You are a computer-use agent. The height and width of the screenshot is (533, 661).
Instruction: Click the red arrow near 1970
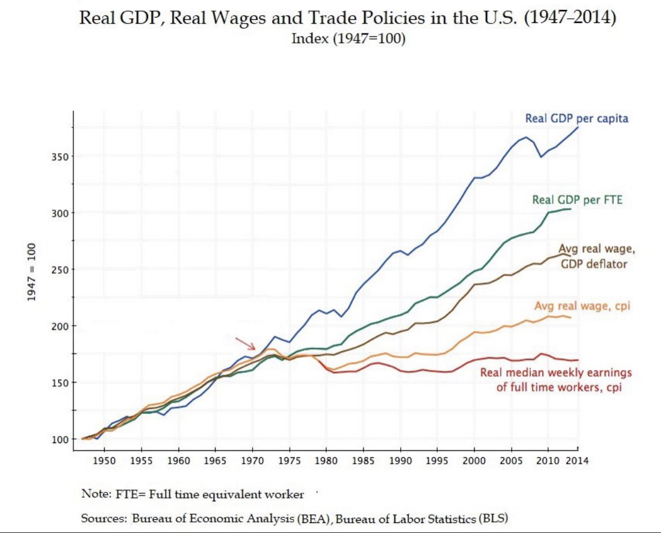245,343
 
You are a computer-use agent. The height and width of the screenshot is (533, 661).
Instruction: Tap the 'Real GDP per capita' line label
576,119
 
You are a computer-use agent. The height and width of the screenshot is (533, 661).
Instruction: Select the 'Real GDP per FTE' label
577,200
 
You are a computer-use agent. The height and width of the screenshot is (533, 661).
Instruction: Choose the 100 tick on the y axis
61,439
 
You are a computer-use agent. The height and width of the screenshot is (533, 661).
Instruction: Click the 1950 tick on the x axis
104,460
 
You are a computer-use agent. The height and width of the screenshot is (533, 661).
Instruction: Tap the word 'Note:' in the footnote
95,494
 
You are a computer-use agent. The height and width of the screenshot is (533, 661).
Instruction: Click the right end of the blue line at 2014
578,128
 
